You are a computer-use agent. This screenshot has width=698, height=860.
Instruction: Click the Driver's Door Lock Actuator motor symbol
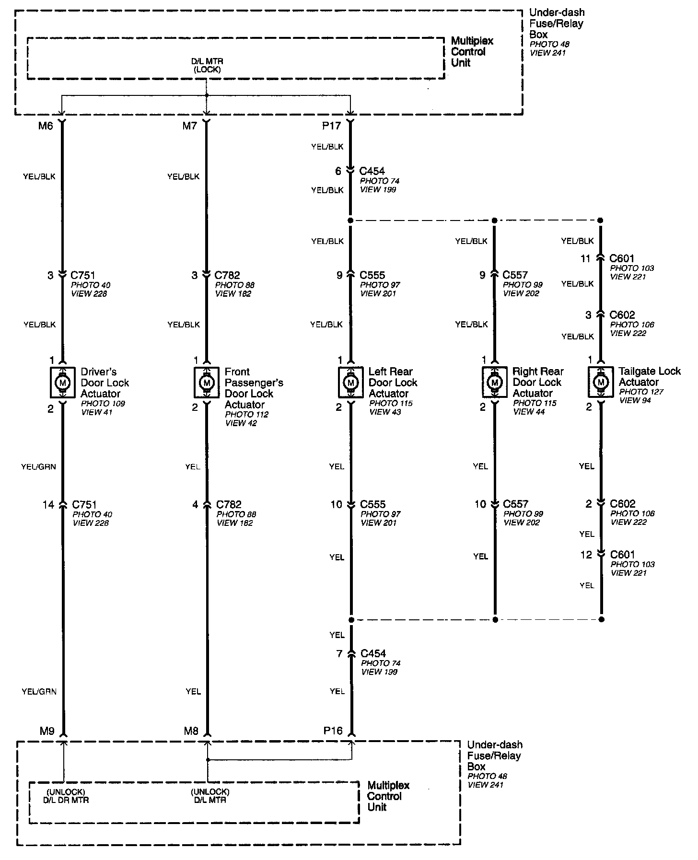point(62,383)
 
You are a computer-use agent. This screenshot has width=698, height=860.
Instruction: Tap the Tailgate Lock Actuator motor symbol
point(600,382)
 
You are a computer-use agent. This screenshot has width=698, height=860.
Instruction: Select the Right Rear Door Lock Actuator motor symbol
point(494,383)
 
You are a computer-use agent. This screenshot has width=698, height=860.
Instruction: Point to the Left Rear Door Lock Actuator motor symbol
point(351,383)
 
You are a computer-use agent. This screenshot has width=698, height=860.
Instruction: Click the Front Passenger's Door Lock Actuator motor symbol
point(207,383)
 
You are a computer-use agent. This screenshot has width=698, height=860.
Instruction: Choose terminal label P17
point(331,126)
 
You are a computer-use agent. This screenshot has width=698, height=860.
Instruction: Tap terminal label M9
point(47,731)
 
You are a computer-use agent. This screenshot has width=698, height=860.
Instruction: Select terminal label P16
point(333,731)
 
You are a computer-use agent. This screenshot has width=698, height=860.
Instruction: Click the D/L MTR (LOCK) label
point(207,65)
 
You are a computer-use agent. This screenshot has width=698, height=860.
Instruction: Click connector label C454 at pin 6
point(372,171)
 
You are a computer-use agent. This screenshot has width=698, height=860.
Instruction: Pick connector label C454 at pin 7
point(373,653)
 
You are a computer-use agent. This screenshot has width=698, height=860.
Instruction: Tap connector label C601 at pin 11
point(622,258)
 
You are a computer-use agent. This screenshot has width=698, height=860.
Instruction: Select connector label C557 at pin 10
point(515,504)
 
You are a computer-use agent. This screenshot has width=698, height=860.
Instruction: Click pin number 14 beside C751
point(48,504)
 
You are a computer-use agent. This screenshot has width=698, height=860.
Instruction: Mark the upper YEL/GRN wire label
point(38,466)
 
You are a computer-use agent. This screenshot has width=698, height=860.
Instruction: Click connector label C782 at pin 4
point(229,504)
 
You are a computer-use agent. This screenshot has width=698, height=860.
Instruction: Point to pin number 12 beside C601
point(586,555)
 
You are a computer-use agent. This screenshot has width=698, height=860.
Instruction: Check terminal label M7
point(190,126)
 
